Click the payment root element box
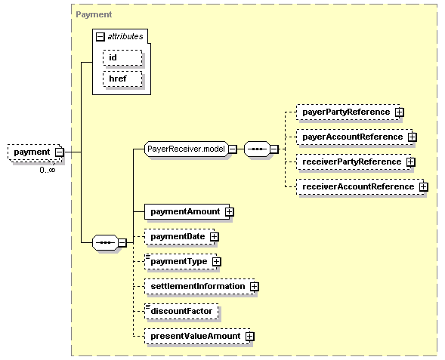point(34,152)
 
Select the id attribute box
point(122,58)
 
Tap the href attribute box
point(122,78)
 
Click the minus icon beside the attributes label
point(100,36)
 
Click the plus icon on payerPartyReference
point(400,112)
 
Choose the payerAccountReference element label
point(353,137)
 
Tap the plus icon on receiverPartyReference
point(411,162)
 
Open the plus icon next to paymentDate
point(215,237)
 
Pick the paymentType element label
point(179,261)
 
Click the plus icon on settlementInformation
point(255,287)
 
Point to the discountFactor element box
point(181,311)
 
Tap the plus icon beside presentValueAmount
point(250,336)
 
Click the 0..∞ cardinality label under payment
point(48,170)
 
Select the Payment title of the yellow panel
point(94,14)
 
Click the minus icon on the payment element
point(60,152)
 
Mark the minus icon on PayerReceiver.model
point(233,149)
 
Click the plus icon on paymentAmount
point(230,212)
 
